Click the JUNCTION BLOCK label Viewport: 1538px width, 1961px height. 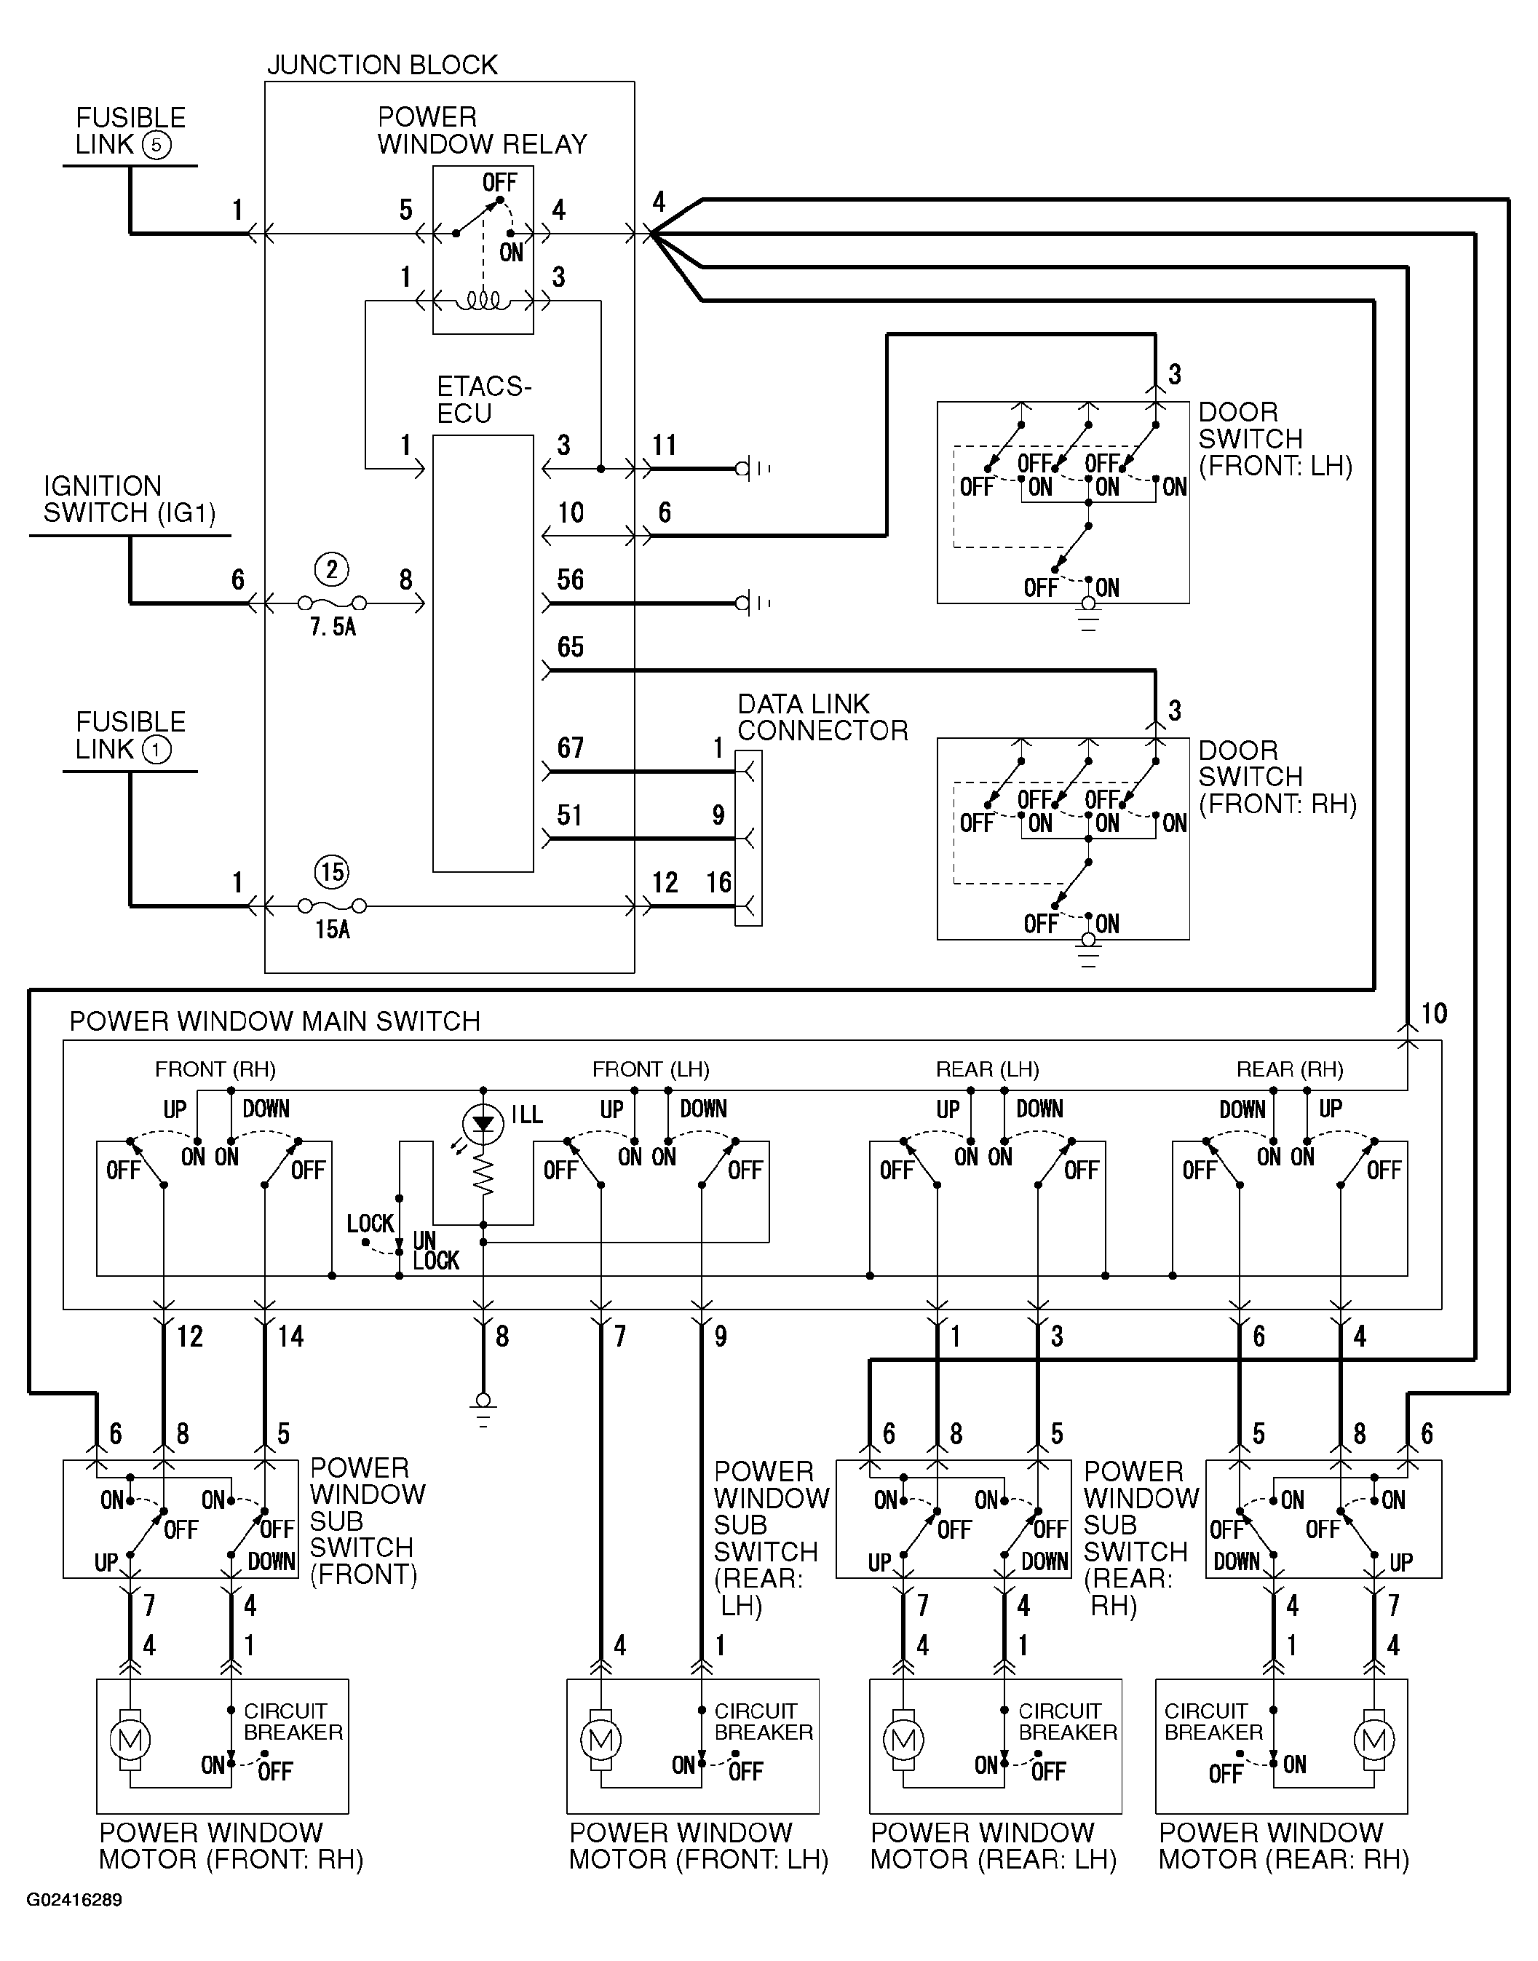click(x=382, y=65)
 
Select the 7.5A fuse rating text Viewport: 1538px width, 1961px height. click(x=333, y=627)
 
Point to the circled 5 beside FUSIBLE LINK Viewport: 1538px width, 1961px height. click(x=156, y=145)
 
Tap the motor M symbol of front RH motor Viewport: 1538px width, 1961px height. click(x=130, y=1740)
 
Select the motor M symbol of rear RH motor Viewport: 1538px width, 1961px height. click(x=1374, y=1740)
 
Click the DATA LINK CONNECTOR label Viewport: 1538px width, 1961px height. click(x=822, y=717)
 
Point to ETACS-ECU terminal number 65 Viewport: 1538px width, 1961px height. click(x=570, y=646)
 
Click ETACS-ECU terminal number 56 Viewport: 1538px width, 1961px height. click(x=570, y=580)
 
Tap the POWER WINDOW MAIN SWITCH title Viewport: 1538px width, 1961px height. click(x=274, y=1021)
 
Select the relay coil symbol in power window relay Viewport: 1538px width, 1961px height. click(x=483, y=301)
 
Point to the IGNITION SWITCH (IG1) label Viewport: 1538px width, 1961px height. click(x=130, y=499)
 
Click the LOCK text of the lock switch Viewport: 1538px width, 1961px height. click(x=370, y=1224)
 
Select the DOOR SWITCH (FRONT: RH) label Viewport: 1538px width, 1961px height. click(x=1277, y=777)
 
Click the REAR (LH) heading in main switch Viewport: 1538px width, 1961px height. click(x=987, y=1069)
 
